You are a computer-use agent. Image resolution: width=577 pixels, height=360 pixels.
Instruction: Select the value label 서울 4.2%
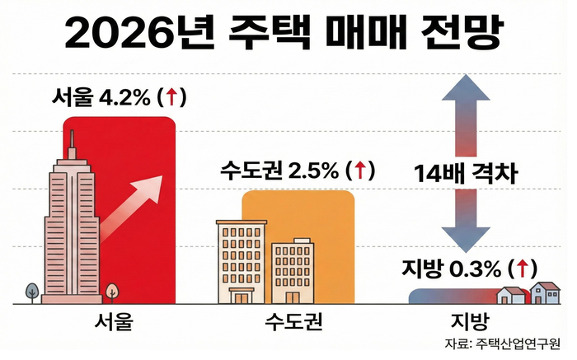(x=98, y=97)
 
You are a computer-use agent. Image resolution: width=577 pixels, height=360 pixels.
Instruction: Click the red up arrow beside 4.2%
(x=171, y=97)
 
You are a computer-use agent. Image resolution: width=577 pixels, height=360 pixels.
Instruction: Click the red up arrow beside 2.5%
(x=359, y=171)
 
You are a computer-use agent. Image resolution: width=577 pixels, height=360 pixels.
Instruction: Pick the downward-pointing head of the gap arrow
(x=465, y=239)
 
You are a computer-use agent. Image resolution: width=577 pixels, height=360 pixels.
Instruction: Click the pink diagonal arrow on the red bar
(x=136, y=203)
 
